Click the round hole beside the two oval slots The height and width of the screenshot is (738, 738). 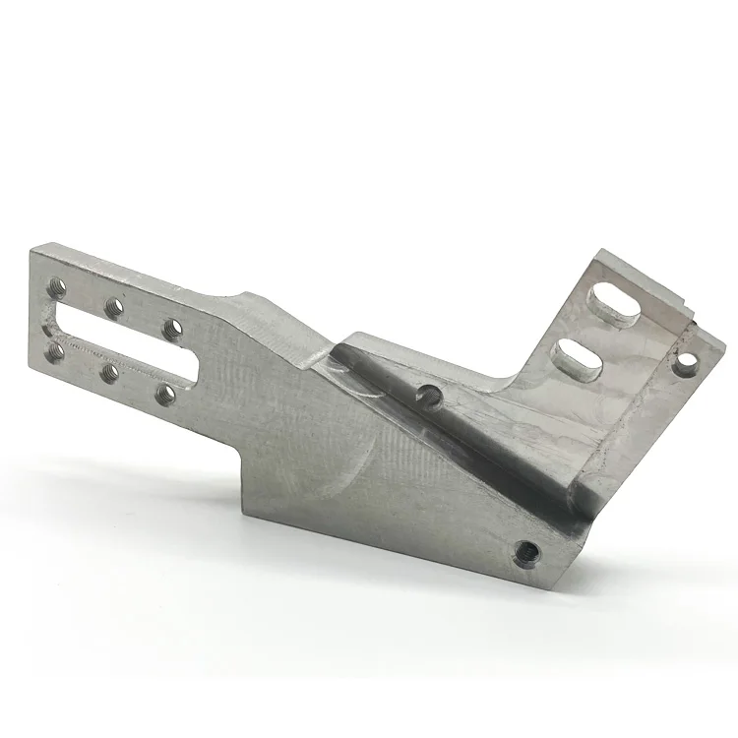click(686, 369)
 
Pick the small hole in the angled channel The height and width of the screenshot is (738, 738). click(428, 396)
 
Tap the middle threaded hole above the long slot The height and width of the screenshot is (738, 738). click(115, 308)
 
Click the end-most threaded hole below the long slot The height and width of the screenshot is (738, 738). click(54, 350)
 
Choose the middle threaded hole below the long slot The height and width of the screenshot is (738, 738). click(109, 372)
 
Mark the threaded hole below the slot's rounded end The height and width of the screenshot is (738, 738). click(164, 394)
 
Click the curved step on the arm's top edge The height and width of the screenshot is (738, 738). click(244, 296)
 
